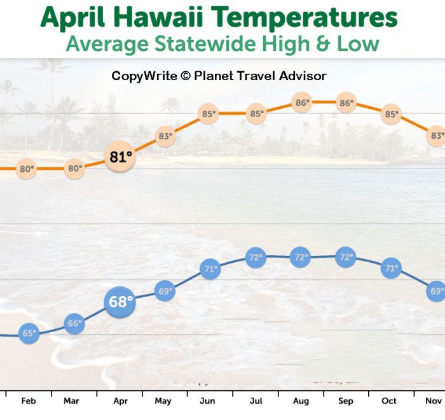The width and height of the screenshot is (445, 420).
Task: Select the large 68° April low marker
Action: [x=120, y=302]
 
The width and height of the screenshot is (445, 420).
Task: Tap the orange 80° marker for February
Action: [x=26, y=169]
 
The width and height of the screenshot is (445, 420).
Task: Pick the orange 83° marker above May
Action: [x=165, y=136]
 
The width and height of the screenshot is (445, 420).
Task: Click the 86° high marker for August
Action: [x=302, y=102]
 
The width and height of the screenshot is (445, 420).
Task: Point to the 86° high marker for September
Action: [x=346, y=102]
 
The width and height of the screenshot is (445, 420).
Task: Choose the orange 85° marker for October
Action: [x=391, y=115]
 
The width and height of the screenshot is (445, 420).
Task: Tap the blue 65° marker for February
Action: [x=29, y=333]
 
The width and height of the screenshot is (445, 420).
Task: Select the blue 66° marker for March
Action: [x=74, y=323]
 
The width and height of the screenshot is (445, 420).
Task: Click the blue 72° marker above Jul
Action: [x=256, y=258]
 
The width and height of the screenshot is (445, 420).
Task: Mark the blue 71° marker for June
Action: [x=210, y=269]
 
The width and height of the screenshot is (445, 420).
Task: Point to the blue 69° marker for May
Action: [x=165, y=291]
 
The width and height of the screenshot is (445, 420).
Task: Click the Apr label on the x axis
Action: [x=120, y=401]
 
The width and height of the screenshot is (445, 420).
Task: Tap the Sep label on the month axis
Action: [x=346, y=401]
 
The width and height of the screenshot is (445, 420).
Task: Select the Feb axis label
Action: [x=29, y=401]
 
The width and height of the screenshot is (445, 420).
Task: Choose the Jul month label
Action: [x=256, y=401]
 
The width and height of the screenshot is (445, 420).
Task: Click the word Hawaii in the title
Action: [x=159, y=17]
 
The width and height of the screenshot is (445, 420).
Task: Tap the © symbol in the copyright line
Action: [x=186, y=76]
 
